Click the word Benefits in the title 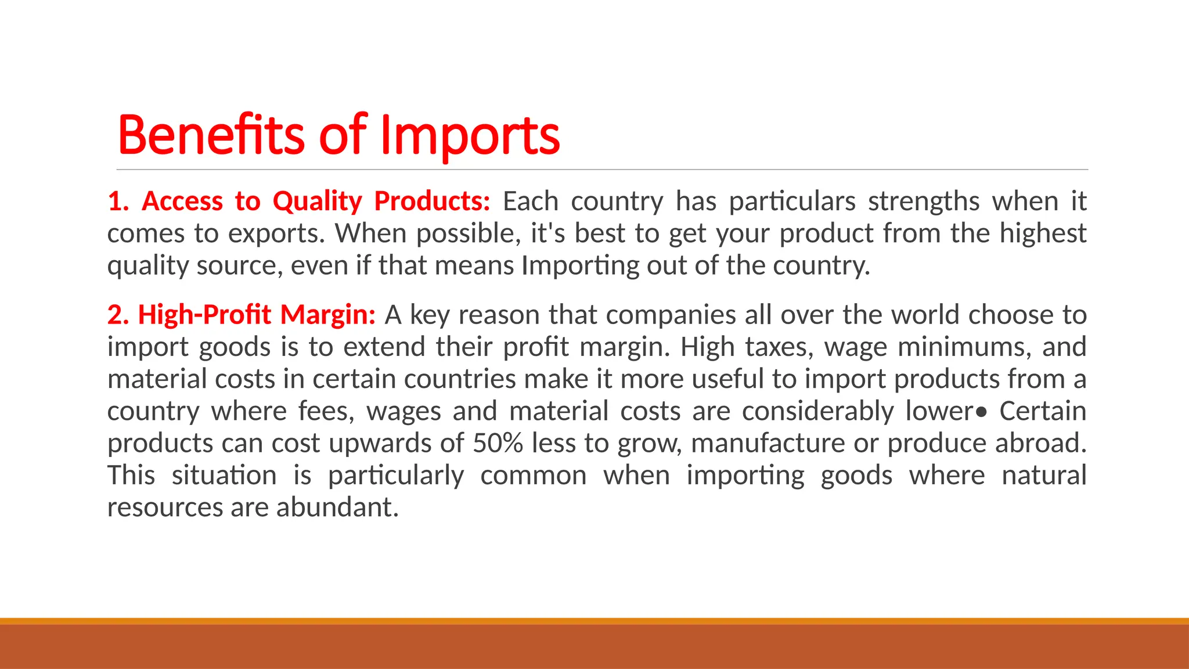(x=211, y=135)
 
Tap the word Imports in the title (x=470, y=136)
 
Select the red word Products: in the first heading (x=432, y=202)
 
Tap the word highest (x=1042, y=234)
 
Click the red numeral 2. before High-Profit (x=118, y=315)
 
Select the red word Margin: (x=328, y=315)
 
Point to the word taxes (x=779, y=347)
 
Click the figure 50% (x=498, y=444)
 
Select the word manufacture (x=768, y=444)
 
